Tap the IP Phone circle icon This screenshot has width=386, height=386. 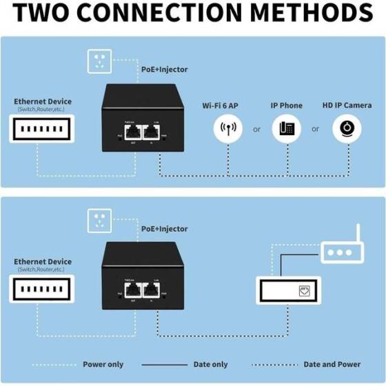287,129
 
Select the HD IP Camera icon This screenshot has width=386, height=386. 347,129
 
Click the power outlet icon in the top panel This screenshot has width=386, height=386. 99,63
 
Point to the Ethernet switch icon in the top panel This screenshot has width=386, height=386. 42,130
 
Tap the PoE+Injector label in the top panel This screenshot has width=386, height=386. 164,69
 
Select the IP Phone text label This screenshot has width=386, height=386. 286,105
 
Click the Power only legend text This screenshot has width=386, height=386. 104,364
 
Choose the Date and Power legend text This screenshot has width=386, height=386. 332,364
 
